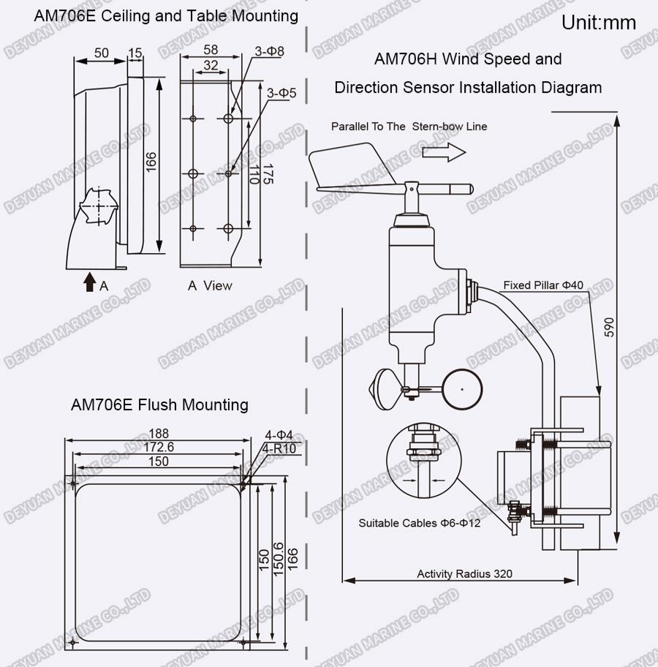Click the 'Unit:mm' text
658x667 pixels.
pyautogui.click(x=599, y=23)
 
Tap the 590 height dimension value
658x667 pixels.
pyautogui.click(x=610, y=327)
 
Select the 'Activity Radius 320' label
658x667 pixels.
pyautogui.click(x=464, y=574)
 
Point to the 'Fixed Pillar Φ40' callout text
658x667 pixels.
pyautogui.click(x=543, y=285)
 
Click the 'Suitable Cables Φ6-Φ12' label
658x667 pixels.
pyautogui.click(x=420, y=523)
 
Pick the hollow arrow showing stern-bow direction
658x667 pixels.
pyautogui.click(x=444, y=152)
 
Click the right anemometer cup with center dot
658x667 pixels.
pyautogui.click(x=462, y=389)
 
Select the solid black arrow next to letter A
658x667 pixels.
pyautogui.click(x=89, y=282)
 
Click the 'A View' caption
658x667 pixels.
pyautogui.click(x=210, y=285)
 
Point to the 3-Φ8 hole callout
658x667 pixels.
pyautogui.click(x=269, y=51)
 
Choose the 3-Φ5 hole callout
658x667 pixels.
pyautogui.click(x=281, y=93)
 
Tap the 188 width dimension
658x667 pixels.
pyautogui.click(x=159, y=434)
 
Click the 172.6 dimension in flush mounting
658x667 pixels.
pyautogui.click(x=158, y=447)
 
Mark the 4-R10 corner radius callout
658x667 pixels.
pyautogui.click(x=279, y=449)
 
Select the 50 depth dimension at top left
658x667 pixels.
pyautogui.click(x=101, y=53)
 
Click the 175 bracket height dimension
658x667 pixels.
pyautogui.click(x=268, y=174)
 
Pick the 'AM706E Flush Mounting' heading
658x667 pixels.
pyautogui.click(x=159, y=404)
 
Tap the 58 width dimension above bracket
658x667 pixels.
pyautogui.click(x=211, y=50)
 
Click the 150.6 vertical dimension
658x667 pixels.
pyautogui.click(x=277, y=559)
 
